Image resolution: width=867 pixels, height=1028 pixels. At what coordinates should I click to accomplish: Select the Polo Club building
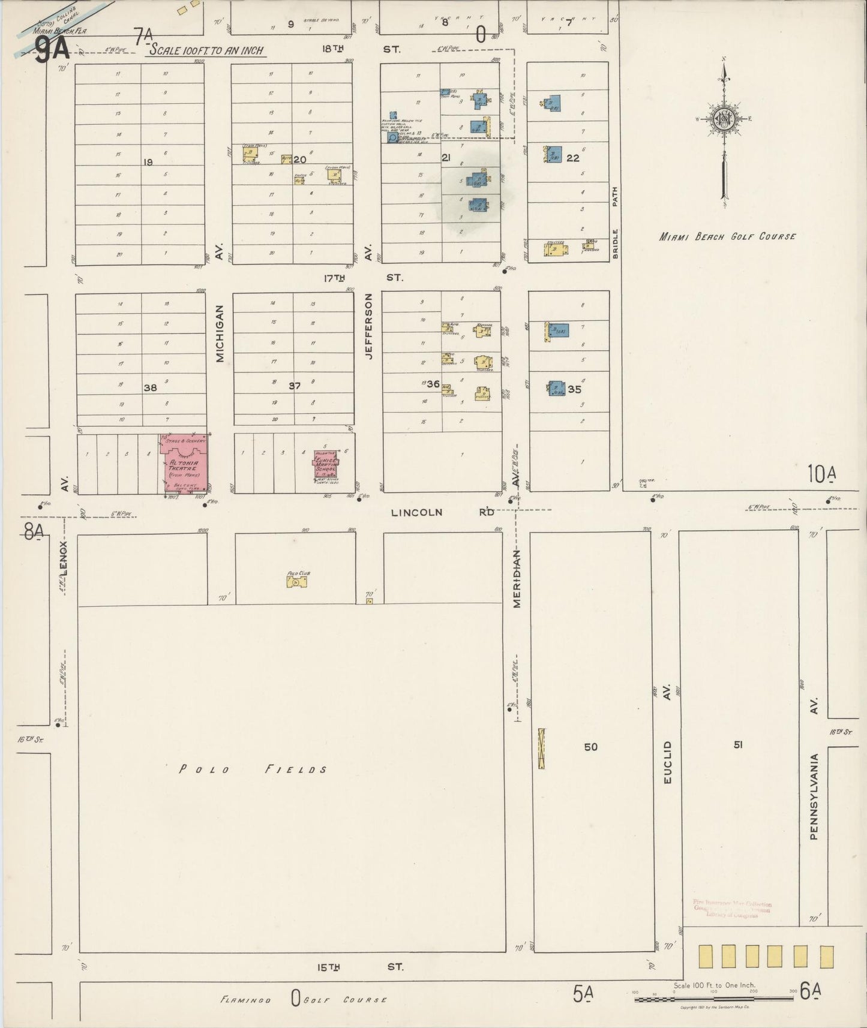(x=296, y=581)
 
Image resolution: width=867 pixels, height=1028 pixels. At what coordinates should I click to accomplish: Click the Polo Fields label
(x=253, y=770)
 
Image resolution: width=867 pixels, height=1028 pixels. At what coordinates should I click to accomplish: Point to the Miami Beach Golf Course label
(x=727, y=236)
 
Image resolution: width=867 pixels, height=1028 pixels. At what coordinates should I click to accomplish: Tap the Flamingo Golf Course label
(x=303, y=1000)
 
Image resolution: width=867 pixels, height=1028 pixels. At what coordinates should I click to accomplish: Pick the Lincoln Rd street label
(x=443, y=512)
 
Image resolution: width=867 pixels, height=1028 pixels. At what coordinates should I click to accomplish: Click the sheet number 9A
(x=51, y=49)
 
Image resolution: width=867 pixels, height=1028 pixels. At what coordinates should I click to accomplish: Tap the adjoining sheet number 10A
(x=821, y=474)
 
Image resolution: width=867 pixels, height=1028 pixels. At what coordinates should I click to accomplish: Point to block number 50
(x=591, y=747)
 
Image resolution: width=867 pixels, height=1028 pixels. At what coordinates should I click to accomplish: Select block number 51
(x=738, y=745)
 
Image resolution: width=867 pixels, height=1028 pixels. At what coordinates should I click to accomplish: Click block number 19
(x=148, y=162)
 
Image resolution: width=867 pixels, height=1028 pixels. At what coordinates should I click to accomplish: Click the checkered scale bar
(x=713, y=999)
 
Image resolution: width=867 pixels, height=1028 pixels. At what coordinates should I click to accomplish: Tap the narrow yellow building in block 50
(x=541, y=748)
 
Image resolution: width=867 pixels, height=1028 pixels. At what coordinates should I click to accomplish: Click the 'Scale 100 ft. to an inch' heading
(x=206, y=50)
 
